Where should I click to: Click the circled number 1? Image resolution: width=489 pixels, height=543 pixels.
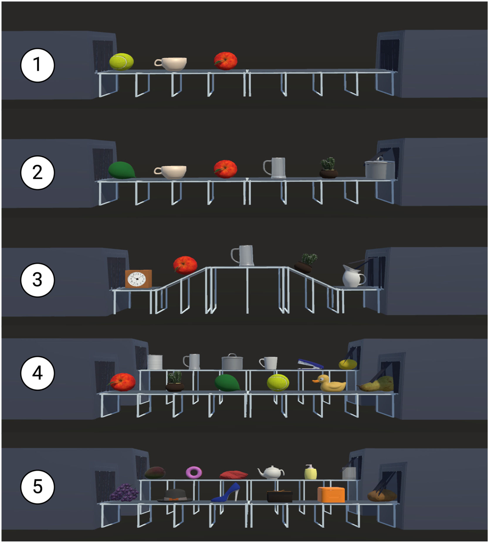[37, 65]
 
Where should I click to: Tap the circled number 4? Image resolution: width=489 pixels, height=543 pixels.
[37, 373]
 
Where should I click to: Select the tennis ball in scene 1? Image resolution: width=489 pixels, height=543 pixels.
[121, 62]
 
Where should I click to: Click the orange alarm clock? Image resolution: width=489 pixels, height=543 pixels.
[138, 279]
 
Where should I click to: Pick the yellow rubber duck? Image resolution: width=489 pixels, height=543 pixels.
[329, 383]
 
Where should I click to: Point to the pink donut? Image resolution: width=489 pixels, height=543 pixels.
[194, 472]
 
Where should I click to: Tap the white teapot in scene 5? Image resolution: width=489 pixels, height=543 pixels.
[271, 472]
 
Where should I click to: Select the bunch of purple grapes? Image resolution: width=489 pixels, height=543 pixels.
[124, 492]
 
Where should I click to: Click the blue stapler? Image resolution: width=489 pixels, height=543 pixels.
[310, 364]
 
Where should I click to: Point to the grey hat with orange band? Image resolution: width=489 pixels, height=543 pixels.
[175, 495]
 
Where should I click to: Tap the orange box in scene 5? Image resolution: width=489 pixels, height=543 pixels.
[331, 495]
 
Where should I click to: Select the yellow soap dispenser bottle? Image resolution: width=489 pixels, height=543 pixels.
[311, 472]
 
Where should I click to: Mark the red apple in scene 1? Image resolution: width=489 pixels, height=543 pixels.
[225, 61]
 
